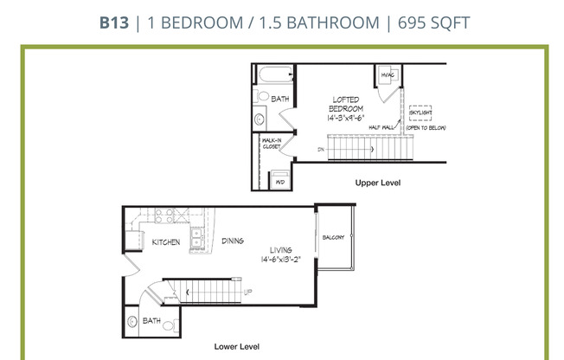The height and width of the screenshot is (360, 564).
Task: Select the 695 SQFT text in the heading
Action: point(433,22)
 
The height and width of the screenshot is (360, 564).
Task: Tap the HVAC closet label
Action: point(388,75)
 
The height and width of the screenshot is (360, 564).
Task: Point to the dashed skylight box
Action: point(420,112)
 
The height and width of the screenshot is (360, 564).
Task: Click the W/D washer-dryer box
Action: point(280,183)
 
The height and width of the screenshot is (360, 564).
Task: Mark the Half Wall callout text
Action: point(381,127)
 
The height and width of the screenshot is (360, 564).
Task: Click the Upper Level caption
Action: point(378,183)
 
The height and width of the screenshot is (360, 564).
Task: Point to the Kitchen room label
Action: point(166,242)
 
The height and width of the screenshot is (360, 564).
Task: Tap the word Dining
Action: point(233,241)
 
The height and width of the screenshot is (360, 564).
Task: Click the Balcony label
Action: point(333,238)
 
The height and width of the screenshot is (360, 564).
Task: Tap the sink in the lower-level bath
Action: point(132,322)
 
